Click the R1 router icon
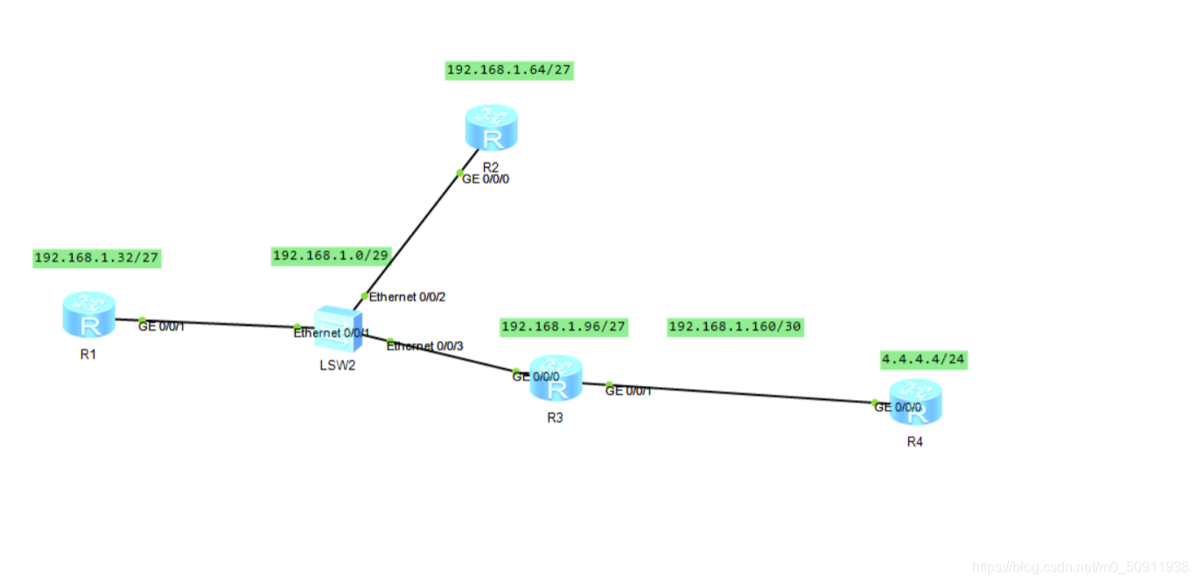pyautogui.click(x=88, y=314)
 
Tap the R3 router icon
pyautogui.click(x=556, y=378)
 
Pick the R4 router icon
pyautogui.click(x=916, y=403)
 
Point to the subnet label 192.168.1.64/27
pyautogui.click(x=509, y=70)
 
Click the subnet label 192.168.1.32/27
pyautogui.click(x=96, y=257)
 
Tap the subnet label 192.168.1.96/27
pyautogui.click(x=563, y=327)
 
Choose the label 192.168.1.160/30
pyautogui.click(x=734, y=327)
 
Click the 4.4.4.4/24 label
pyautogui.click(x=923, y=359)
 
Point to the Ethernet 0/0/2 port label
pyautogui.click(x=408, y=297)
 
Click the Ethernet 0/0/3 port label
pyautogui.click(x=425, y=347)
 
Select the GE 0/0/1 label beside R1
pyautogui.click(x=161, y=327)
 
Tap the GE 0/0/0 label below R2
pyautogui.click(x=486, y=179)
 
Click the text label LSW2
pyautogui.click(x=337, y=365)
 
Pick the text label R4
pyautogui.click(x=914, y=442)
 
